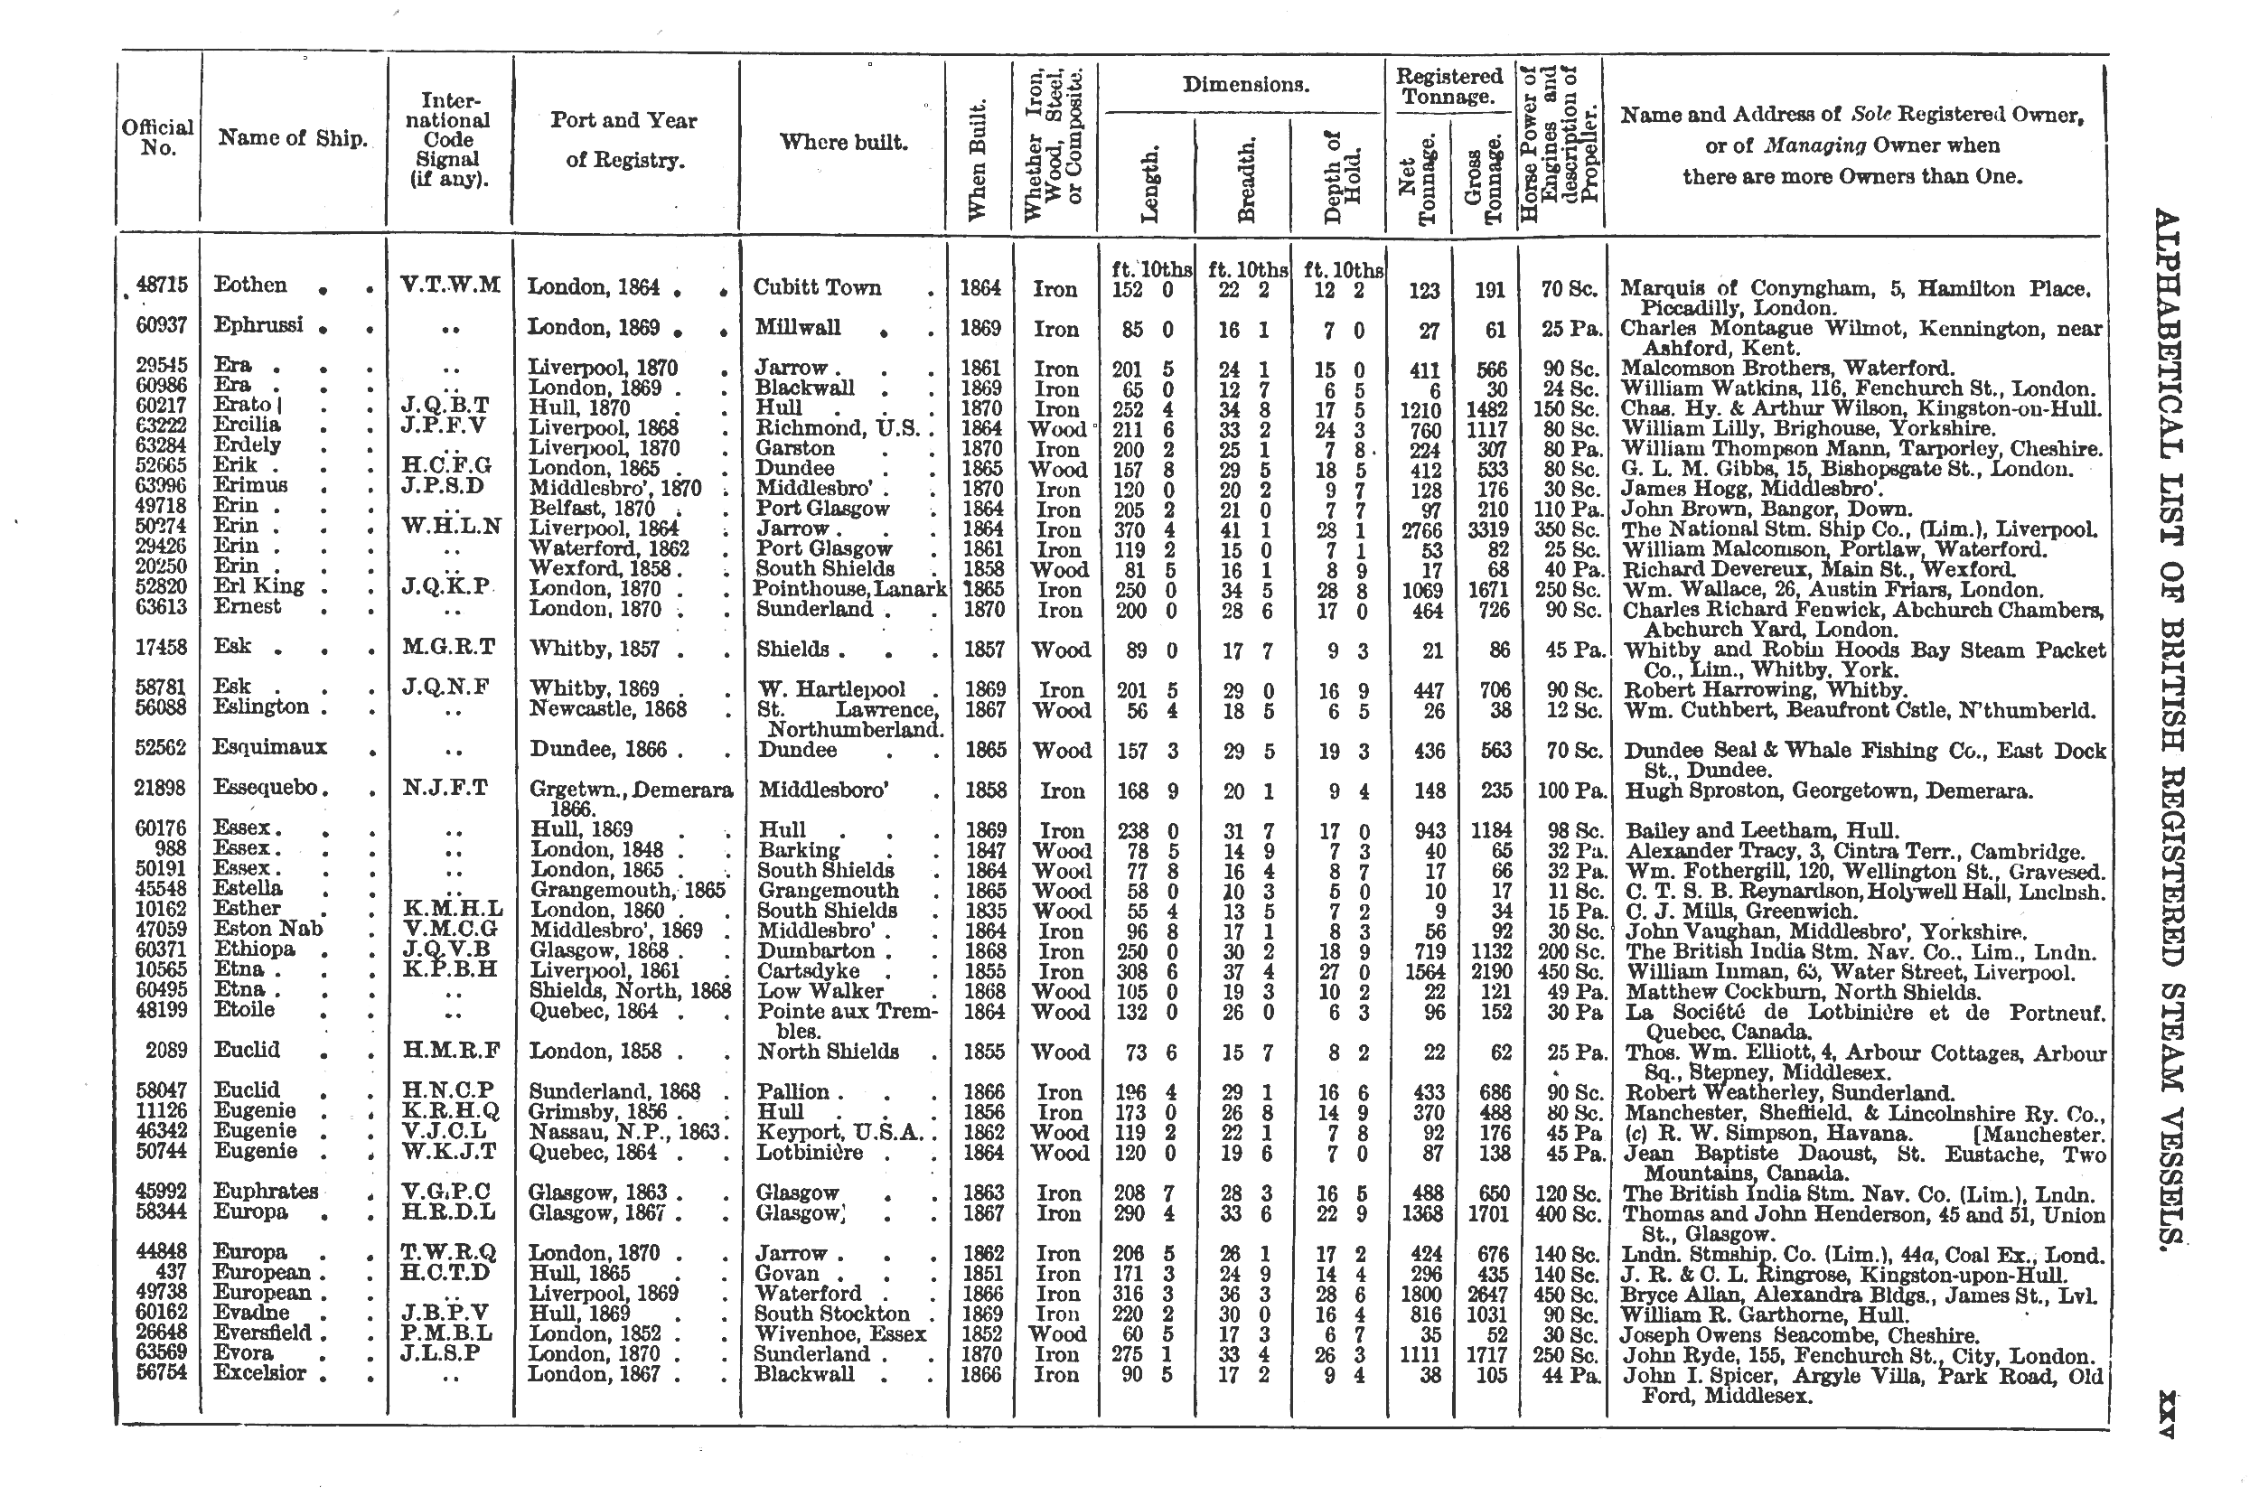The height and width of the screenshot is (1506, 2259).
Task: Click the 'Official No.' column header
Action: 157,137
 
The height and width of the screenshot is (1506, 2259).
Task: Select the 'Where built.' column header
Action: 842,143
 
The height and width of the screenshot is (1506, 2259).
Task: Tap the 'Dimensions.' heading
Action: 1246,85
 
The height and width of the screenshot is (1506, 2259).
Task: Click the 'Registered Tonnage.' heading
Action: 1448,87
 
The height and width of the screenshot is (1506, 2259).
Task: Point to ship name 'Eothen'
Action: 249,285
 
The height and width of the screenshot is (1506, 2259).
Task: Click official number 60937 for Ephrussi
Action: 162,326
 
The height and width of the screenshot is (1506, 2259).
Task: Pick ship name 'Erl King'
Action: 258,586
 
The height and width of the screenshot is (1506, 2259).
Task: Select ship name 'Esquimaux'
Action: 270,747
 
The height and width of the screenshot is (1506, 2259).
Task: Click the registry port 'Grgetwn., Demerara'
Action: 631,790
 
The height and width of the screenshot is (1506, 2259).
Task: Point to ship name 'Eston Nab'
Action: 268,929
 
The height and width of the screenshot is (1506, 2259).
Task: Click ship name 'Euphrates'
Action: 265,1191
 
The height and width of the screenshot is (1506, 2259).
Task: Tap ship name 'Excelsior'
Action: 259,1372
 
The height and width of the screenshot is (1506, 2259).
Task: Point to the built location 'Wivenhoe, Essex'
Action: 840,1334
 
